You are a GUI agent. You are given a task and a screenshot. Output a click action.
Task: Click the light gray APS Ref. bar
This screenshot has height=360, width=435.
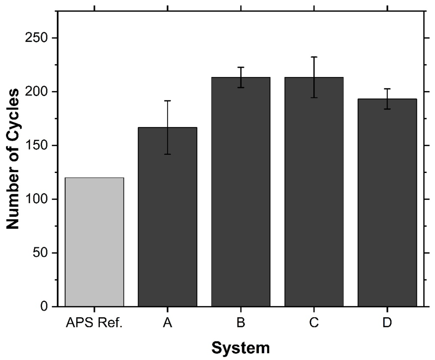[94, 242]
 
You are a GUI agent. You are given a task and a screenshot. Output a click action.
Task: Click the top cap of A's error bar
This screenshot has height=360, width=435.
[168, 100]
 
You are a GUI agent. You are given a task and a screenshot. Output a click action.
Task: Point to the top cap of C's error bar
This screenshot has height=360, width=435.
[314, 57]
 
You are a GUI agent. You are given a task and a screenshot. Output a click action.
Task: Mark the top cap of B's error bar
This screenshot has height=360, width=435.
[241, 67]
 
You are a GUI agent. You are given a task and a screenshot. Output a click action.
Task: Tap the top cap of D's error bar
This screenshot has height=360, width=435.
[387, 89]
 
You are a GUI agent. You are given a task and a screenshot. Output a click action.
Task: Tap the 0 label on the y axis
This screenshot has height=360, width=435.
[46, 307]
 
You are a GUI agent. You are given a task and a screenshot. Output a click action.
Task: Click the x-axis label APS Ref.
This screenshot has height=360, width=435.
[94, 324]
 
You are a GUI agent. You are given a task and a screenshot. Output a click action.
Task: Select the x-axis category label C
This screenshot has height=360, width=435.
[314, 324]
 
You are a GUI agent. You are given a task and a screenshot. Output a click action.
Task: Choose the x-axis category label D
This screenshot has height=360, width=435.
[387, 324]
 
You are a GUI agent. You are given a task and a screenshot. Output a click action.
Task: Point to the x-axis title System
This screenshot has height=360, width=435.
[240, 348]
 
